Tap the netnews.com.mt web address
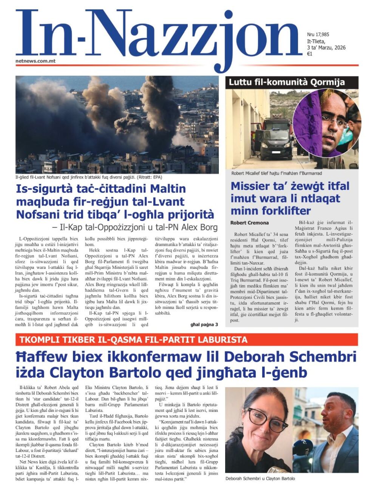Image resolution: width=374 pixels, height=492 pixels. (x=36, y=61)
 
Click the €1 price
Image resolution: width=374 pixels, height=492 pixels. (x=310, y=54)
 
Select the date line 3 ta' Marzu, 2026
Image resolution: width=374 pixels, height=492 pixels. (x=326, y=48)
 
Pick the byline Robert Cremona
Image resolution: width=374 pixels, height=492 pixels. (x=249, y=223)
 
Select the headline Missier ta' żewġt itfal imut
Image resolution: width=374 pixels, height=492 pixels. (x=290, y=198)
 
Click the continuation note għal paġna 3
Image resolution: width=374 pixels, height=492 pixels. (x=204, y=324)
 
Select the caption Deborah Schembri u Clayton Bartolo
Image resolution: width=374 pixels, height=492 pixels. (x=260, y=478)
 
